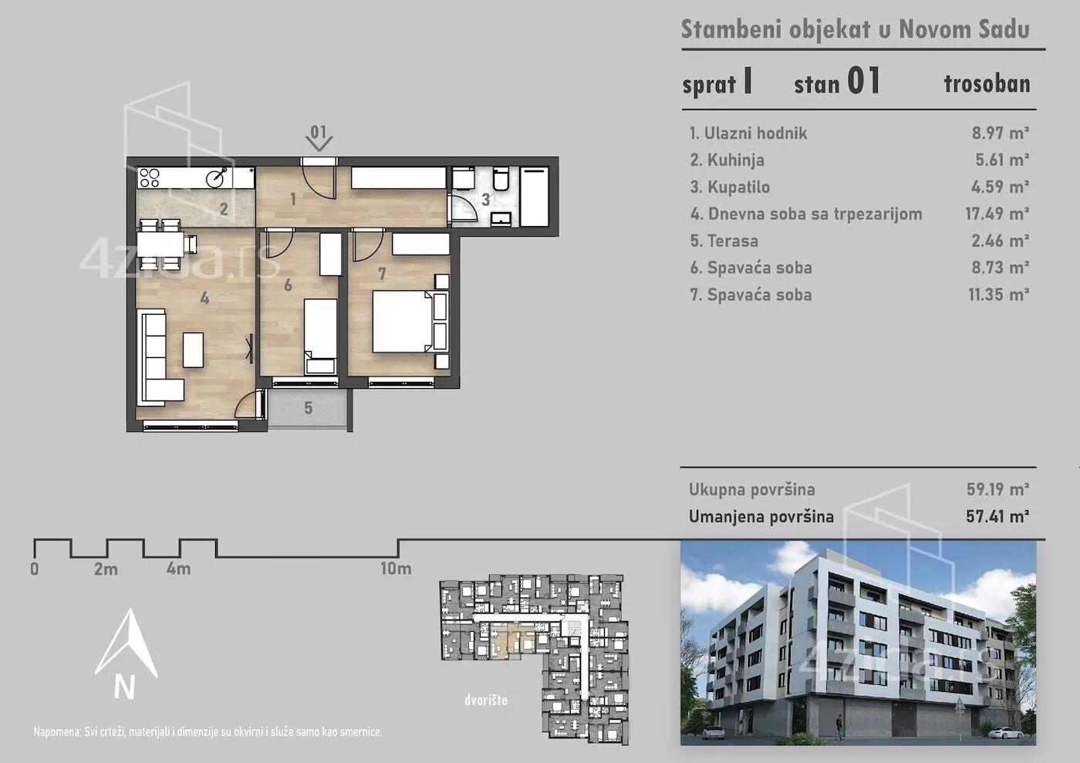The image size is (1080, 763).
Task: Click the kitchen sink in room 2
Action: click(x=217, y=177)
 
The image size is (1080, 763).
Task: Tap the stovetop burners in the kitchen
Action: click(x=149, y=177)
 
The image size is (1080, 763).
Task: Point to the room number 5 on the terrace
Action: click(x=308, y=409)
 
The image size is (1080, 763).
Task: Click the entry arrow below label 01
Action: click(x=319, y=143)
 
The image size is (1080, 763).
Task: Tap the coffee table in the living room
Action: click(x=193, y=349)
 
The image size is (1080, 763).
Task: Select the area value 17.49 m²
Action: click(x=997, y=214)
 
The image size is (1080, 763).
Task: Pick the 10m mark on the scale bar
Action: click(x=396, y=569)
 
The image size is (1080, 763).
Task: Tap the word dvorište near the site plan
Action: click(x=486, y=700)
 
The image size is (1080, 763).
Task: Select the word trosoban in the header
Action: click(x=987, y=84)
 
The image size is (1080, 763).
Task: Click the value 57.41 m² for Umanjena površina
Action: click(x=997, y=517)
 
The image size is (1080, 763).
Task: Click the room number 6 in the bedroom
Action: click(x=288, y=285)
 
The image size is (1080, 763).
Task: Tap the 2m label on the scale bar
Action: click(x=106, y=569)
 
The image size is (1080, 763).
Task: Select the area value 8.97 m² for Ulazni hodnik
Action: click(x=1001, y=133)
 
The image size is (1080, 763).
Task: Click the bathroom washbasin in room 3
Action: click(x=501, y=219)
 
